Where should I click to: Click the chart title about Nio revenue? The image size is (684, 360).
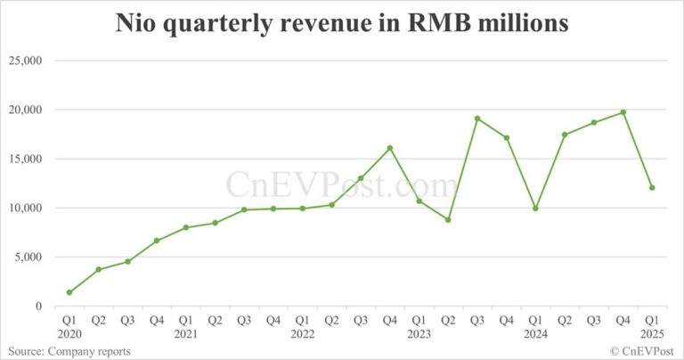pos(341,24)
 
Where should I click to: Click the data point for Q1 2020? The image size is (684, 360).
pos(69,292)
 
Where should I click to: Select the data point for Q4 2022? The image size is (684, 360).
pos(389,148)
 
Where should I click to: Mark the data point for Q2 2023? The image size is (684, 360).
pos(448,219)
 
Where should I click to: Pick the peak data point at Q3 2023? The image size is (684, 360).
pos(477,119)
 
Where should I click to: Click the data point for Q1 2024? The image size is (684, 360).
pos(535,209)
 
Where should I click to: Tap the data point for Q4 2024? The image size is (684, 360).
pos(623,112)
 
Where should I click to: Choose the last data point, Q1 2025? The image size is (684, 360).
pos(652,188)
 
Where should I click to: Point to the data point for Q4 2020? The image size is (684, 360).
pos(157,241)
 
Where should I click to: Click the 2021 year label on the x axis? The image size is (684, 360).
pos(185,335)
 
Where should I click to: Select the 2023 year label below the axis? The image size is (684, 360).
pos(419,335)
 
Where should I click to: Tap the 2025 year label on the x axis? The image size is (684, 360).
pos(652,335)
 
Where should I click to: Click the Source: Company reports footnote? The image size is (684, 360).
pos(67,351)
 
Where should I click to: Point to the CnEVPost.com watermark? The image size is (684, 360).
pos(342,185)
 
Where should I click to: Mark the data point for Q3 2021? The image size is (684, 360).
pos(244,209)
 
